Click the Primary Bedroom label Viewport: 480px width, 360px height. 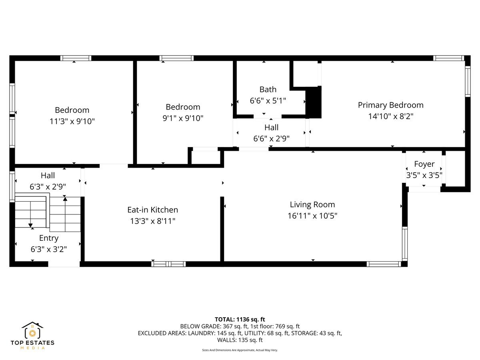[390, 105]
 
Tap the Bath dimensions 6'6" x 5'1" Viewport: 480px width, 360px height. [268, 101]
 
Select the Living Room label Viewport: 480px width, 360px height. [312, 205]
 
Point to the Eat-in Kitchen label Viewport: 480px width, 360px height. [152, 210]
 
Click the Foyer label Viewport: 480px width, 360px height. [424, 164]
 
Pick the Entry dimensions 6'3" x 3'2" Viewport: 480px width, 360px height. [48, 249]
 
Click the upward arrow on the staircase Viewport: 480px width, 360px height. [65, 198]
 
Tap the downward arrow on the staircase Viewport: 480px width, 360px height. [31, 225]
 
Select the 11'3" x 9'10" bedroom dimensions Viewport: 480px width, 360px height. [72, 121]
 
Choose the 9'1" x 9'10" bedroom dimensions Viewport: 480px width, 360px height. [183, 118]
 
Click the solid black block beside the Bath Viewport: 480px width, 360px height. [314, 102]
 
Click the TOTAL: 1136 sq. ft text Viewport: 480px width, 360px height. [240, 319]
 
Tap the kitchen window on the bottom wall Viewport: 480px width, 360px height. [168, 264]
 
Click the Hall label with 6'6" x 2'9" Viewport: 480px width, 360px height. [271, 128]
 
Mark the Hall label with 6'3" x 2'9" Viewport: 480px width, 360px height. [48, 176]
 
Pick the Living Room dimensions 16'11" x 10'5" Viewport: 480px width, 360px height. [312, 216]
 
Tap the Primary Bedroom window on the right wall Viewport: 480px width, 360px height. [468, 81]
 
